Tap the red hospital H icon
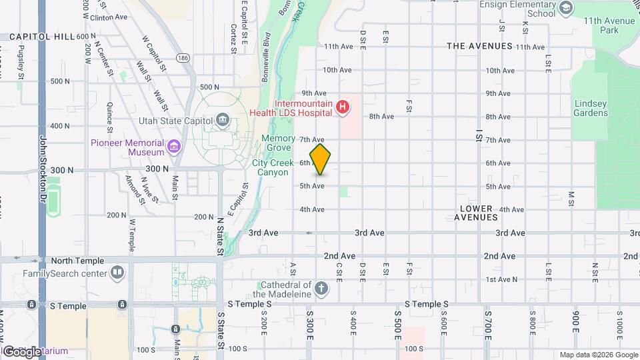(x=343, y=107)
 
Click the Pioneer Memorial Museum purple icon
(x=174, y=146)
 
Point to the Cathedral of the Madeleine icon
(x=321, y=289)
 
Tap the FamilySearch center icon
(x=117, y=273)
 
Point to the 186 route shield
(x=183, y=59)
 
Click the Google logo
(x=22, y=351)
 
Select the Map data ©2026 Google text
(x=598, y=355)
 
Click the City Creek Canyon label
(x=271, y=167)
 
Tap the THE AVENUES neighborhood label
(x=479, y=46)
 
